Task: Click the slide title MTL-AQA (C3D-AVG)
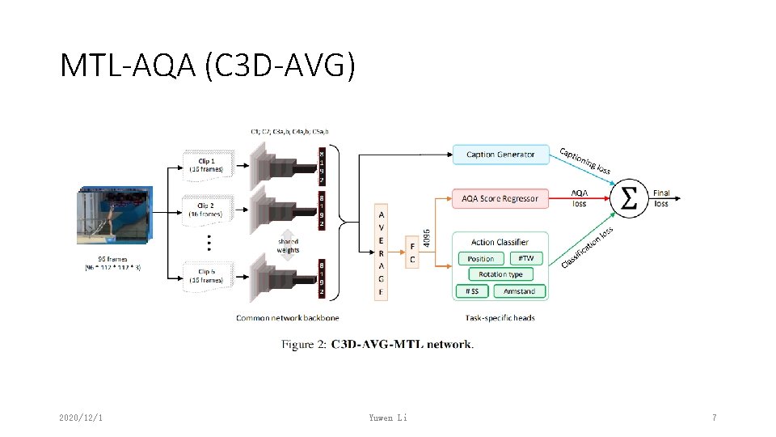pos(207,66)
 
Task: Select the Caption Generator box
pos(500,155)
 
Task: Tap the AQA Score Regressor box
pos(500,198)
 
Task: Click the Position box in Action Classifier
pos(481,259)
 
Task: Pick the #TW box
pos(525,259)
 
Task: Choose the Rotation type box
pos(500,274)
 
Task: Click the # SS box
pos(472,291)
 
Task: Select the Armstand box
pos(519,291)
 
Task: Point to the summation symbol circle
pos(627,198)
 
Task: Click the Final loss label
pos(661,198)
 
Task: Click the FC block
pos(412,253)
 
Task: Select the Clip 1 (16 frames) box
pos(208,165)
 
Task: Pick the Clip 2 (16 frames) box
pos(208,210)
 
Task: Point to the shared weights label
pos(288,245)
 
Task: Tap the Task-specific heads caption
pos(500,318)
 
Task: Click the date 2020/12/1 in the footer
pos(86,418)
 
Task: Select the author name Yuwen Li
pos(387,418)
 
